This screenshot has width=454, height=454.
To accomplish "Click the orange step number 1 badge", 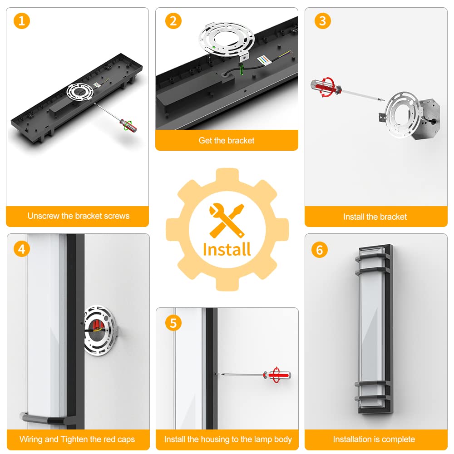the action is click(22, 21).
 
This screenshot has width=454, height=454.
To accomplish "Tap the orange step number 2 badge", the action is click(173, 21).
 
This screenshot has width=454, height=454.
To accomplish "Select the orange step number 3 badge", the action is click(322, 21).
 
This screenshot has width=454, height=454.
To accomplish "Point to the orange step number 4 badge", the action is click(22, 249).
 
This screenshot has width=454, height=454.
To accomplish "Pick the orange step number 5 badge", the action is click(173, 323).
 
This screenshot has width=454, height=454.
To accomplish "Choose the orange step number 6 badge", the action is click(319, 250).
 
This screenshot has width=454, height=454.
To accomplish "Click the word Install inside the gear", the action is click(227, 249).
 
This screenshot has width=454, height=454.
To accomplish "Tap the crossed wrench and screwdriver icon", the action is click(227, 220).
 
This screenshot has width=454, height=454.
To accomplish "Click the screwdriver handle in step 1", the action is click(128, 125).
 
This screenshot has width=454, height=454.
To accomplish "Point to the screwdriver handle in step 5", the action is click(277, 375).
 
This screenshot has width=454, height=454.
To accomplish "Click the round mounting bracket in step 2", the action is click(227, 40).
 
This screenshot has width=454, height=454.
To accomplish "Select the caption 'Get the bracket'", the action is click(227, 140).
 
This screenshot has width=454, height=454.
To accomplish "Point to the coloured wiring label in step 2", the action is click(265, 60).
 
